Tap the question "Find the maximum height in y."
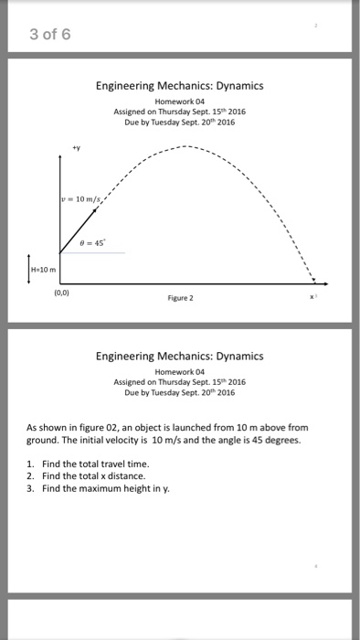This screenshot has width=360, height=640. tap(105, 487)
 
